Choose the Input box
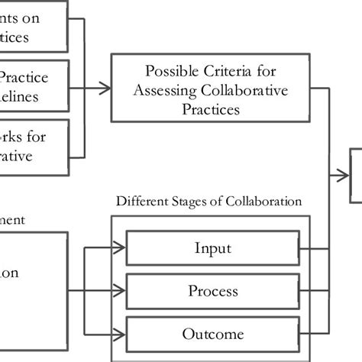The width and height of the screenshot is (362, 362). [x=212, y=248]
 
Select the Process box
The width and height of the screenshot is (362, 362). [x=212, y=291]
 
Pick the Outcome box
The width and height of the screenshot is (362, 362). [x=212, y=334]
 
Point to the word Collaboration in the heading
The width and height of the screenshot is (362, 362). [x=263, y=202]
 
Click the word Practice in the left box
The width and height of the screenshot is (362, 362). [x=27, y=77]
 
